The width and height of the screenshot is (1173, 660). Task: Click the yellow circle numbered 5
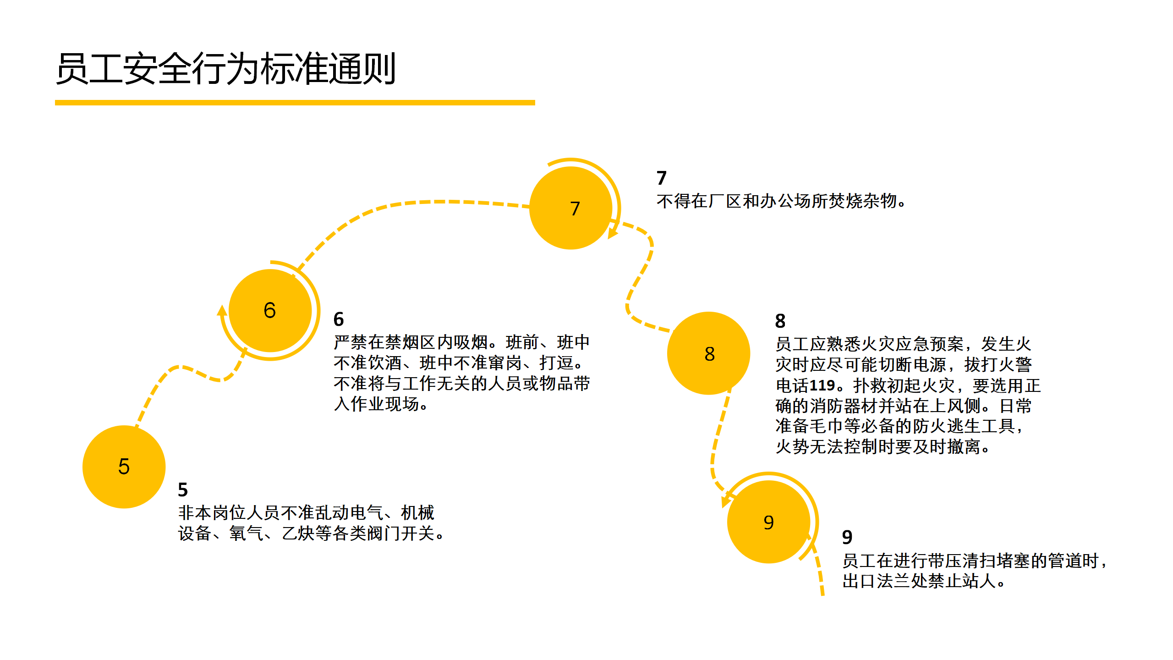click(124, 467)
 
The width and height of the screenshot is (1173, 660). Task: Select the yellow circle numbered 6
click(270, 310)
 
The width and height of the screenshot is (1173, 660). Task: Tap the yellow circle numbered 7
click(571, 208)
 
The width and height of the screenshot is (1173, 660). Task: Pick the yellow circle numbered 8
click(709, 353)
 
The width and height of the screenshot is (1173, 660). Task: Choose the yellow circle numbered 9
click(768, 522)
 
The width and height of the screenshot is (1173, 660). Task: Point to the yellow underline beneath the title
click(295, 103)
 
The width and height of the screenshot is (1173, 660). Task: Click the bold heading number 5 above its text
click(183, 490)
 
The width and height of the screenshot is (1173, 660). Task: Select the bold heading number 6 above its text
click(339, 319)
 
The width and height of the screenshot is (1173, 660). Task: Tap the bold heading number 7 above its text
click(661, 178)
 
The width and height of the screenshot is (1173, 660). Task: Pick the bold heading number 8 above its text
click(780, 321)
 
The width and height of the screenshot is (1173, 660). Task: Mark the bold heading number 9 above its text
click(847, 537)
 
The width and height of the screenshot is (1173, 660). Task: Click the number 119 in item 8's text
click(822, 385)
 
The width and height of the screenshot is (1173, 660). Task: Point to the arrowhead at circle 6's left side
click(222, 311)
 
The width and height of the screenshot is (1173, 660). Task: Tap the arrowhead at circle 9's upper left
click(726, 501)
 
